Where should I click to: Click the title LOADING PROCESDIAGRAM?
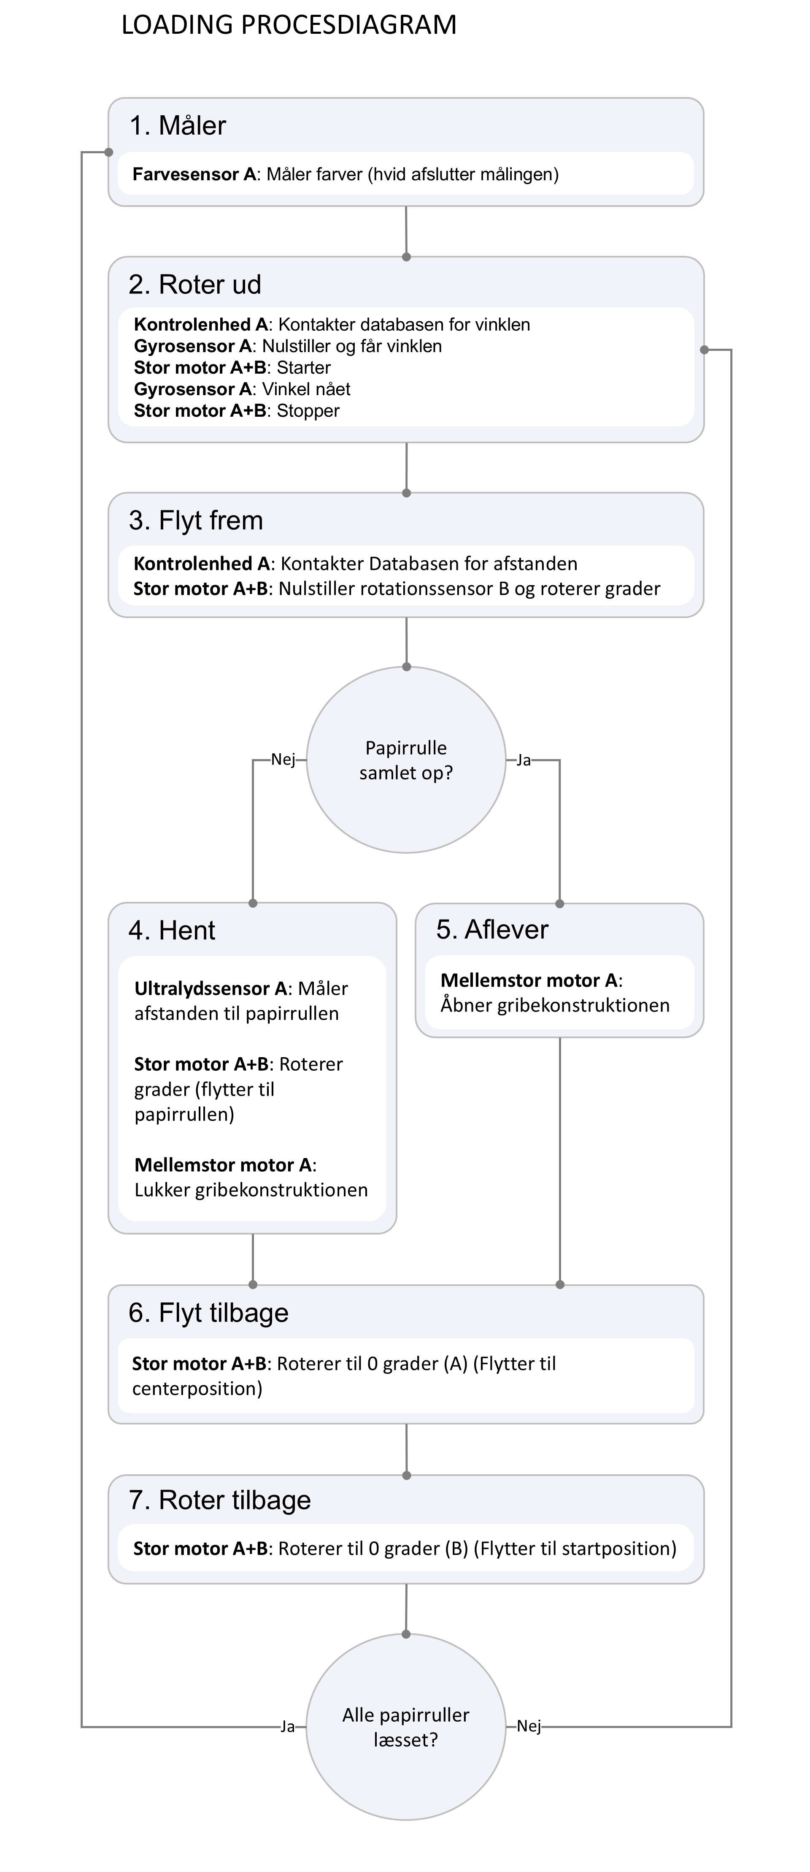click(289, 25)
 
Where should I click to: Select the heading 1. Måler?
click(178, 126)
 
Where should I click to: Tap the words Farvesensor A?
click(194, 174)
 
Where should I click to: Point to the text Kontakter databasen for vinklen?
click(404, 325)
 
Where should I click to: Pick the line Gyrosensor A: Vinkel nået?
click(242, 390)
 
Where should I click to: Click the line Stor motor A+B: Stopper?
click(236, 411)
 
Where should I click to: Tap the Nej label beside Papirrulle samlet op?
click(283, 760)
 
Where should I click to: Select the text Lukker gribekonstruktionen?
click(251, 1190)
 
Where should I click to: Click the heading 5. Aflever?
click(492, 930)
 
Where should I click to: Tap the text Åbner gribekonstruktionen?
click(555, 1006)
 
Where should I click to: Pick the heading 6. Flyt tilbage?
click(208, 1313)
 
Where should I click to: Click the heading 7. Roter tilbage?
click(219, 1500)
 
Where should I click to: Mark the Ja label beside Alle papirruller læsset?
click(288, 1727)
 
